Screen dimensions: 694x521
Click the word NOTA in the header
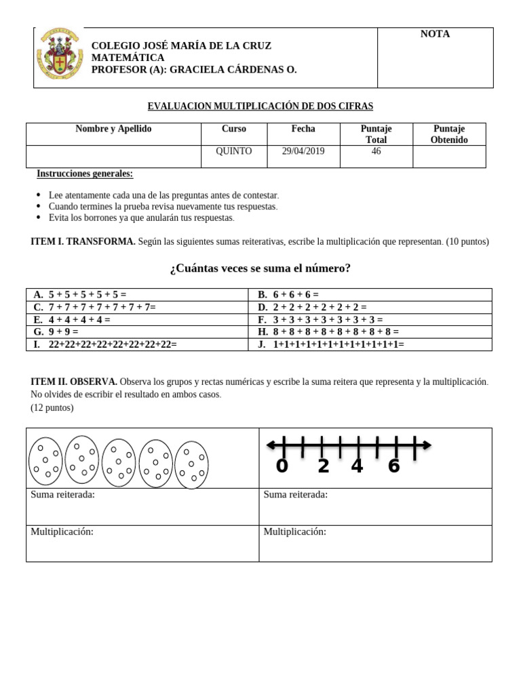point(435,34)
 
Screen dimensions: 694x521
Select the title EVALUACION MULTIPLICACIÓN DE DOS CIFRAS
point(260,106)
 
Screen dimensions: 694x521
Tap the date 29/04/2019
point(303,151)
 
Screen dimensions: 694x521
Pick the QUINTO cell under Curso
point(233,151)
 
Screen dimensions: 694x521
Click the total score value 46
point(376,151)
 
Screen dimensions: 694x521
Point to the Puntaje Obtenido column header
point(449,134)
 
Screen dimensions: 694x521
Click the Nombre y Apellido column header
point(113,129)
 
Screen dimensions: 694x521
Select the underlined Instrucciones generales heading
point(85,173)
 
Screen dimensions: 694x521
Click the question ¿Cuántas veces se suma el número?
point(260,268)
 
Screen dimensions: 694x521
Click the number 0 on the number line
point(282,466)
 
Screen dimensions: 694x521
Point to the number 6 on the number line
point(393,466)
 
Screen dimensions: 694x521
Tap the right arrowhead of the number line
point(427,445)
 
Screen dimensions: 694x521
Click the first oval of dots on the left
point(45,461)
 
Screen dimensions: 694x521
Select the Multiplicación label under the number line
point(294,532)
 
